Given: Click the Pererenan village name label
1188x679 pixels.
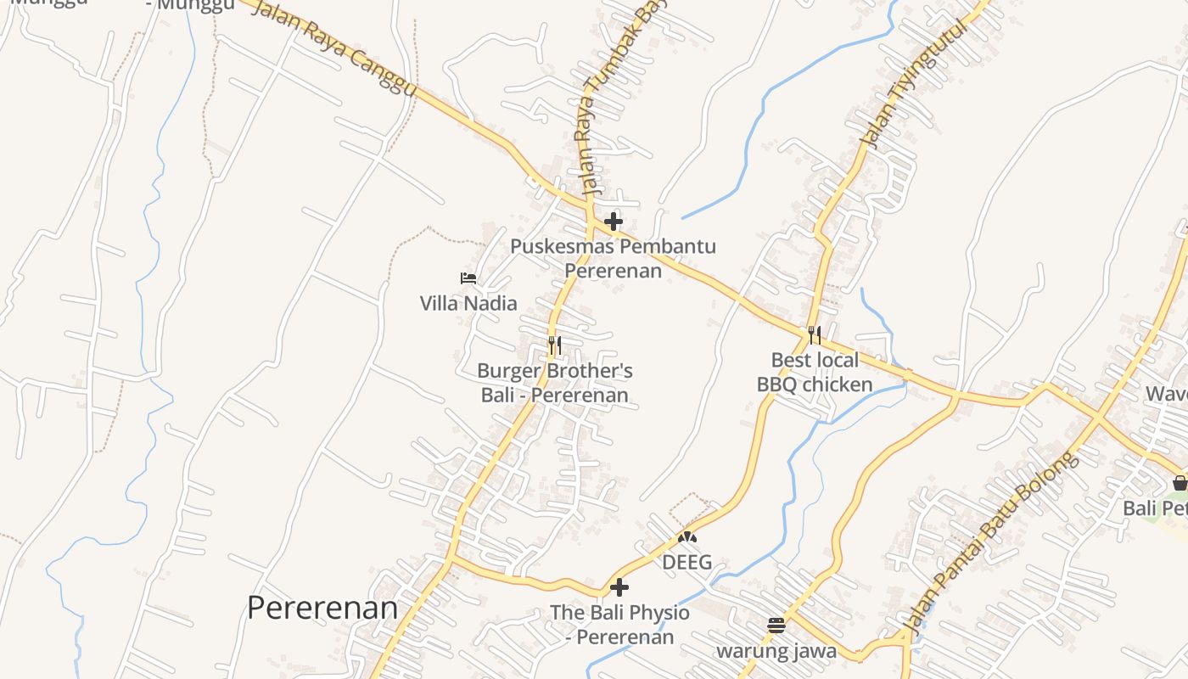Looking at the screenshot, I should point(322,608).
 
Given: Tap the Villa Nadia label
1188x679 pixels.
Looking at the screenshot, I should point(468,303).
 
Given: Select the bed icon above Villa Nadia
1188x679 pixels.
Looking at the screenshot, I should point(468,278).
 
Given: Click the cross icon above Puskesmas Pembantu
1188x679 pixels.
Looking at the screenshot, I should point(613,222).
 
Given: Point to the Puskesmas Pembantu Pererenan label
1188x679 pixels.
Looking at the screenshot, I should point(613,258).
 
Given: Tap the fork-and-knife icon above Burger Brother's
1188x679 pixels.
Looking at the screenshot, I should point(554,345).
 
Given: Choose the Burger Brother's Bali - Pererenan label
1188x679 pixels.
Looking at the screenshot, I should point(554,383).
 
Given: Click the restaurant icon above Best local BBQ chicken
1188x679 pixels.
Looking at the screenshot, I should point(815,334).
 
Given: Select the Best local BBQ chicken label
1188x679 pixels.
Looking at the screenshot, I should point(815,372).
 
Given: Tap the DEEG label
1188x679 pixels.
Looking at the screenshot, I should point(686,562).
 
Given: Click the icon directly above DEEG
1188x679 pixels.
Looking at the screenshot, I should point(686,537).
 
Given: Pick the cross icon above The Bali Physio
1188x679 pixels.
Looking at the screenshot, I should point(619,586).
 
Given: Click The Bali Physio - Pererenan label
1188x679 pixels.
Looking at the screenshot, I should point(619,624).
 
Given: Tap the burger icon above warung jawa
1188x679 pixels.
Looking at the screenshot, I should point(776,626).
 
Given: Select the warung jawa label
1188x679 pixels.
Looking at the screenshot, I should point(776,652).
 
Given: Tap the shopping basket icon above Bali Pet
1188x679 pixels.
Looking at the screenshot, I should point(1180,483).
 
